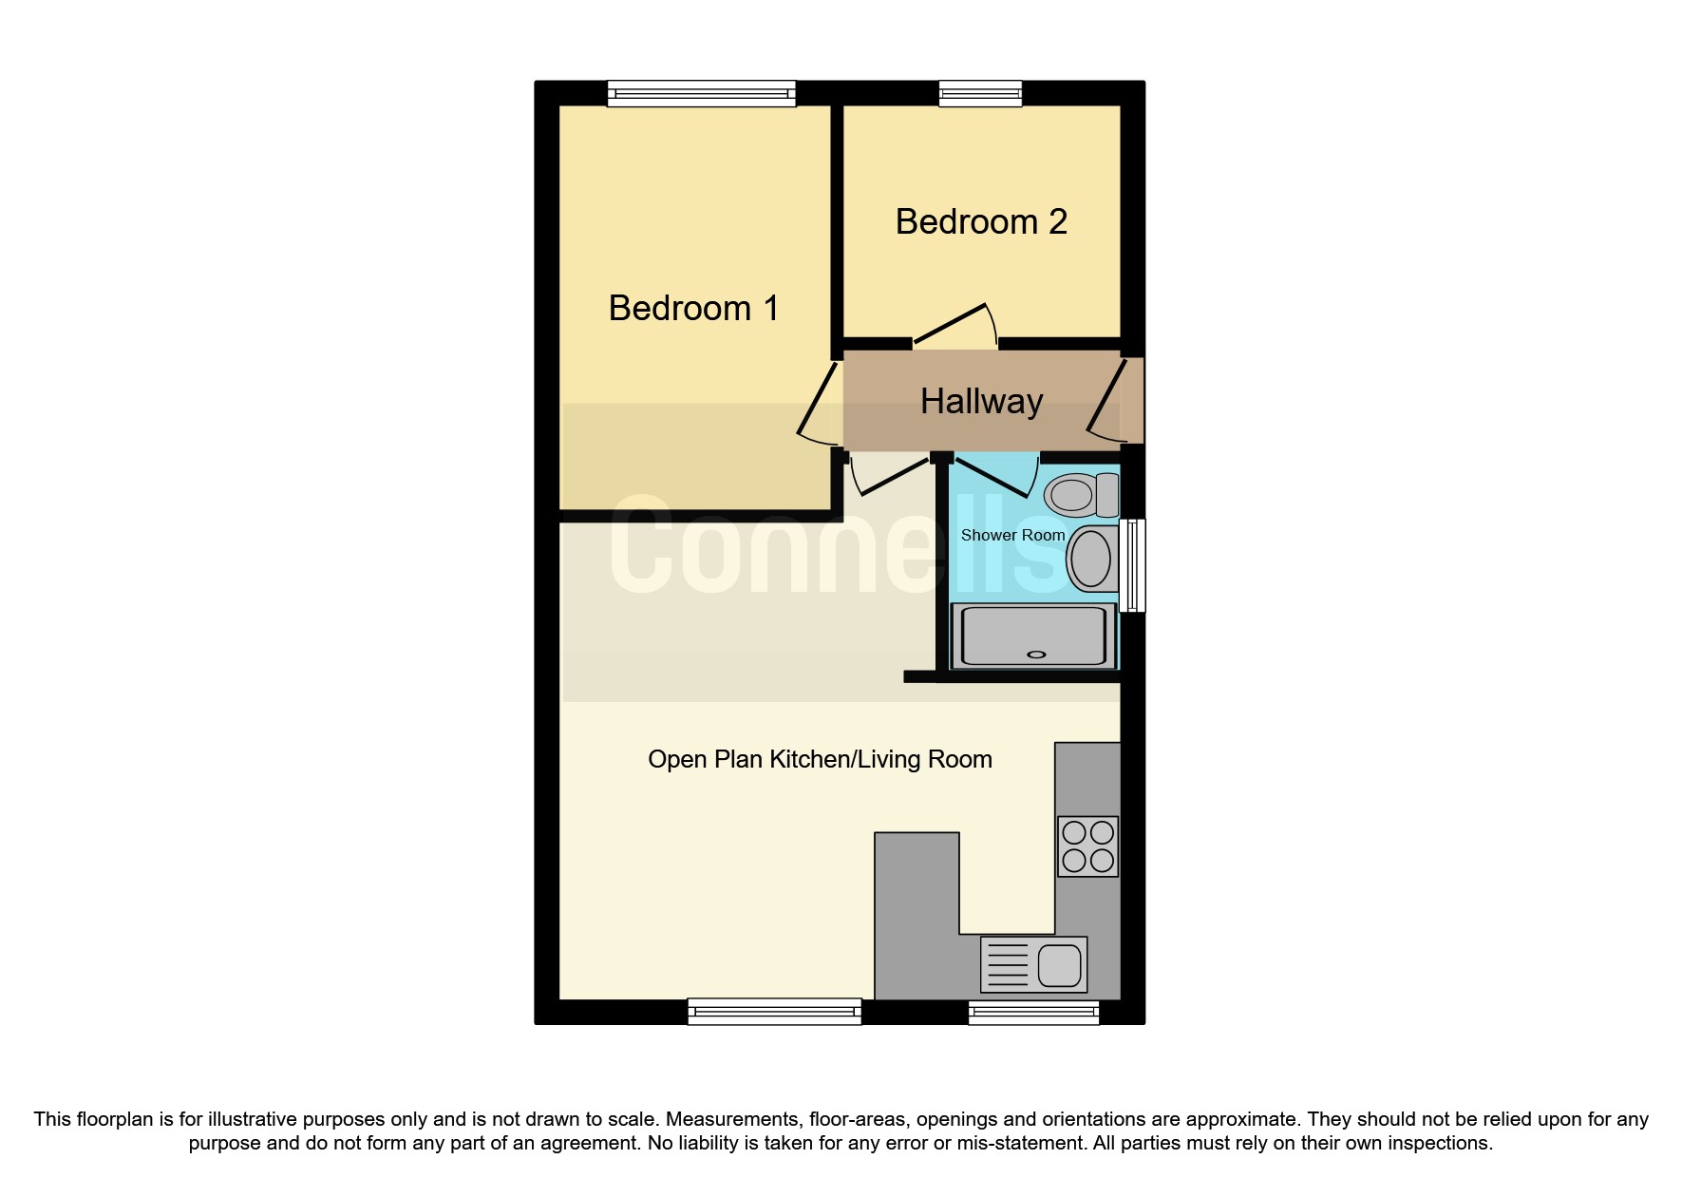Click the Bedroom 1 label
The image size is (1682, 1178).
(x=693, y=309)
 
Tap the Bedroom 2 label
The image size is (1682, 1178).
(x=981, y=222)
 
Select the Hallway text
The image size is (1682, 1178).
(x=981, y=402)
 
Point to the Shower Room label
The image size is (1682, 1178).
(x=1012, y=536)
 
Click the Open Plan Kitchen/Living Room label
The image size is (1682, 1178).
(x=820, y=760)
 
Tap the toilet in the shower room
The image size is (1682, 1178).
(x=1081, y=495)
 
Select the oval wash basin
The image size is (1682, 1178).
(x=1089, y=559)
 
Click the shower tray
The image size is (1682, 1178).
(x=1033, y=636)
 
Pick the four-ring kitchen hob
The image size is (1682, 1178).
(x=1087, y=845)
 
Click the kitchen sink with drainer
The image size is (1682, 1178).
(x=1033, y=964)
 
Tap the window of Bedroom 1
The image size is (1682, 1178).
(x=701, y=93)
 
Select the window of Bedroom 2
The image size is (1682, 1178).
(x=980, y=93)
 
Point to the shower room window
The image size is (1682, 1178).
(x=1132, y=565)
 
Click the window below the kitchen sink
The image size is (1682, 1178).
(x=1033, y=1013)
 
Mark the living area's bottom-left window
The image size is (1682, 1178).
(x=774, y=1013)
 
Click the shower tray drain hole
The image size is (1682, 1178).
(x=1035, y=655)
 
